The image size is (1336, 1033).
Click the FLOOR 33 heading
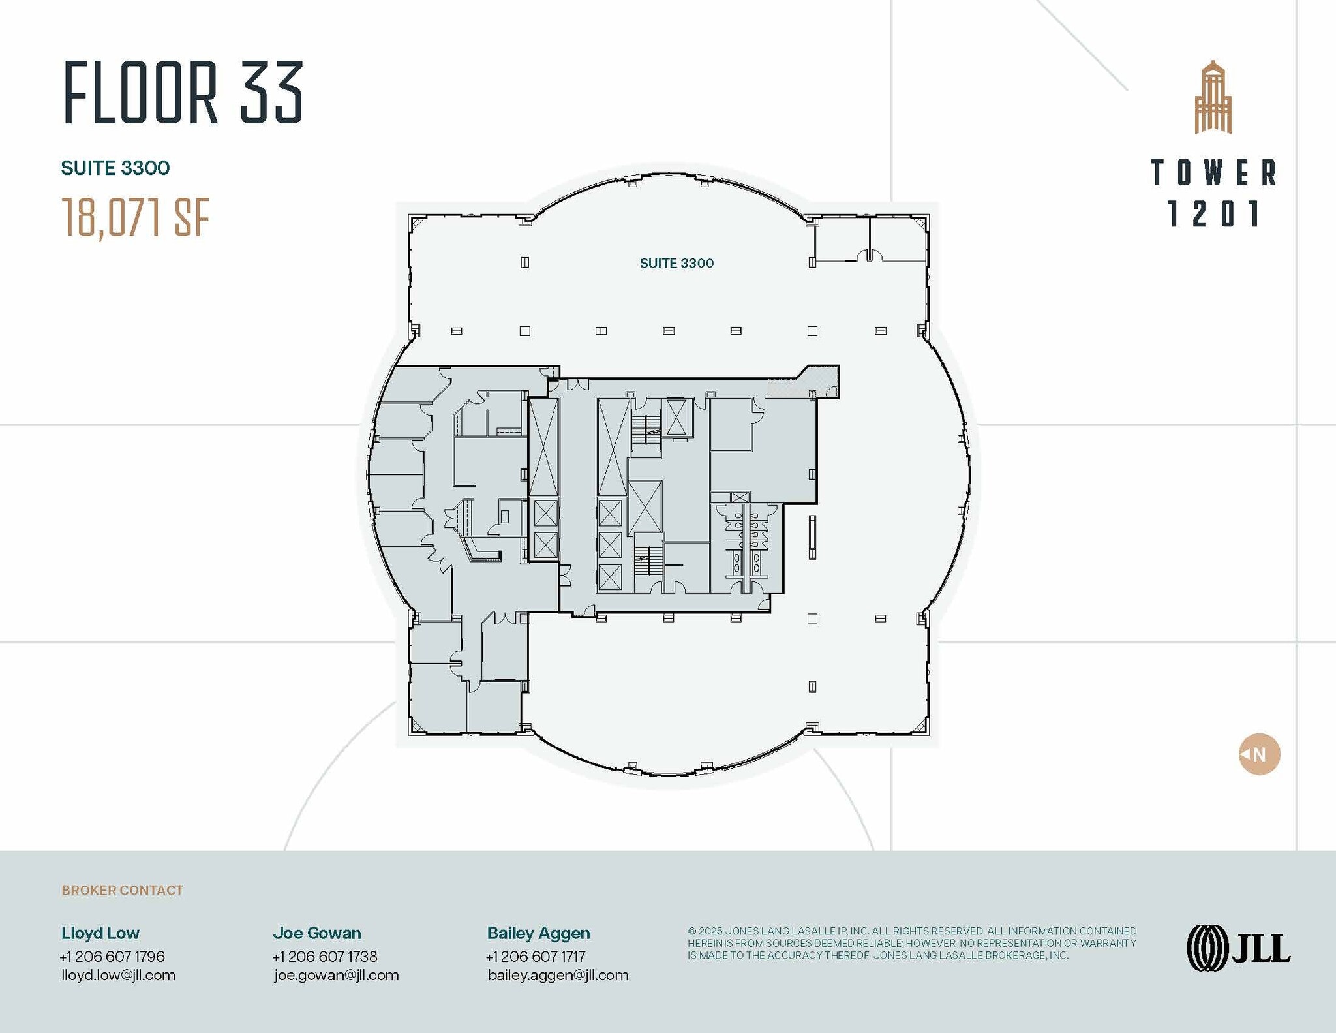(183, 93)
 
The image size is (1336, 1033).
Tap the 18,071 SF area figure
(136, 218)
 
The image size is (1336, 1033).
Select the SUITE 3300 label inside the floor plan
(676, 263)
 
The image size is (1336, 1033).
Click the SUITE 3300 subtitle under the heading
(115, 168)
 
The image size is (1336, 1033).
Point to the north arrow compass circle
(1259, 754)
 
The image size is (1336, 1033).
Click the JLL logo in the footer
(1238, 948)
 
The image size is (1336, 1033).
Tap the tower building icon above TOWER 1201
(1213, 98)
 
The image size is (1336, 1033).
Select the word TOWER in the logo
(1213, 173)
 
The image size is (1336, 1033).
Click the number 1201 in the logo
(1213, 214)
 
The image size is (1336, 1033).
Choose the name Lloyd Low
(100, 933)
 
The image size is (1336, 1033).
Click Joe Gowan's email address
(336, 975)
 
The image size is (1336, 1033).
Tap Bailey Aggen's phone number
(536, 956)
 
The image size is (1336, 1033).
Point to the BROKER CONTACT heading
(122, 890)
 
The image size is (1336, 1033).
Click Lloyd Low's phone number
(112, 956)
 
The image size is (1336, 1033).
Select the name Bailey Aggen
(538, 933)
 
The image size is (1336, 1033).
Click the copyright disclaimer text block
(911, 943)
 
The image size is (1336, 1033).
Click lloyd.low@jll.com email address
(118, 975)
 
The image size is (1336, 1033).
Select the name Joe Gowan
(317, 933)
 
